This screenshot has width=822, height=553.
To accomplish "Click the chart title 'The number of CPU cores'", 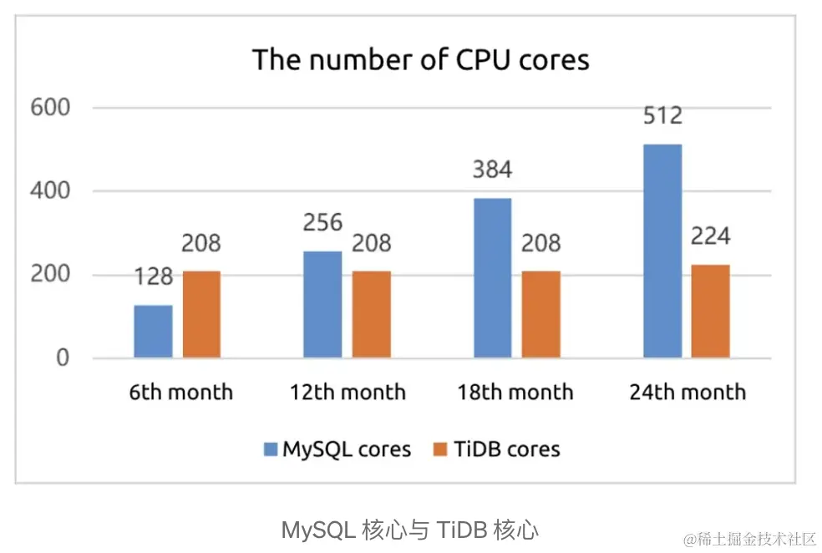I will [x=420, y=60].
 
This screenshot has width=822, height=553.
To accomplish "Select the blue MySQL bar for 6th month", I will [x=153, y=332].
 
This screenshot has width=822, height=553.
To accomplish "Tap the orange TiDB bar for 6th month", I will [x=201, y=315].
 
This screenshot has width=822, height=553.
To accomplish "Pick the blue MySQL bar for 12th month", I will [x=322, y=305].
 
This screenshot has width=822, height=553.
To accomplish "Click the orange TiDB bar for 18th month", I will [x=540, y=315].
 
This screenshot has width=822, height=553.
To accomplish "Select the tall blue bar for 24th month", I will [x=662, y=251].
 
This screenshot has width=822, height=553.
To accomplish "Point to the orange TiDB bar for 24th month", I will [x=711, y=312].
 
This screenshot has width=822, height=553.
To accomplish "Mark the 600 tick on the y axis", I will [x=50, y=108].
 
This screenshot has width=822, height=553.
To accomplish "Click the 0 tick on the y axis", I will [x=63, y=358].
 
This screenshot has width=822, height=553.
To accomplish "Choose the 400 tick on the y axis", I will [x=50, y=191].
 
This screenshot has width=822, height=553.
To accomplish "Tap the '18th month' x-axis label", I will [x=515, y=392].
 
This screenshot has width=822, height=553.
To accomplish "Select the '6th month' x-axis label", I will [x=181, y=392].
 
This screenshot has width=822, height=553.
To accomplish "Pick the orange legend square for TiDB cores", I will [x=442, y=450].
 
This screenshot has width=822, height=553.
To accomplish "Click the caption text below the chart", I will [x=409, y=530].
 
